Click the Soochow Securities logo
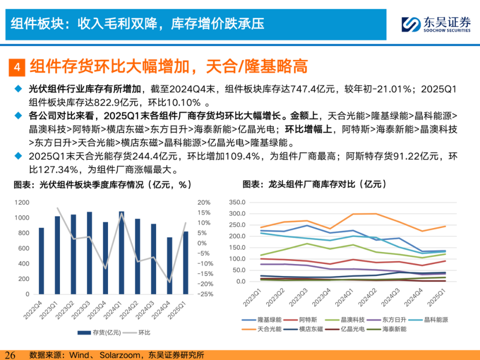coord(436,24)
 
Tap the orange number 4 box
coord(17,67)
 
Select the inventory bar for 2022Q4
coord(41,261)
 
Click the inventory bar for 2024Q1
coord(121,252)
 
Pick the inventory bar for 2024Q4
coord(170,266)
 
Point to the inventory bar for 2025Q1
coord(185,263)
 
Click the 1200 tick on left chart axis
coord(22,202)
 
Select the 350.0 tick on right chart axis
coord(237,202)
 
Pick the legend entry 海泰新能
coord(387,329)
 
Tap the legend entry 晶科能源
coord(428,320)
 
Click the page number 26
coord(10,355)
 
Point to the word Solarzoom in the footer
coord(120,355)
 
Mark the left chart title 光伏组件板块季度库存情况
coord(92,185)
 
